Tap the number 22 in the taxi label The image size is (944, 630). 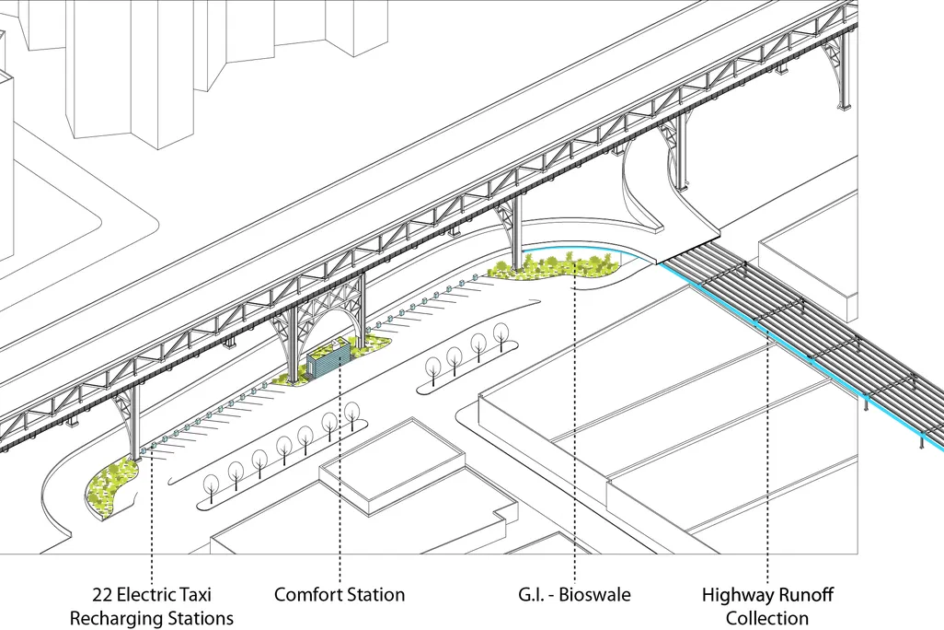pos(102,595)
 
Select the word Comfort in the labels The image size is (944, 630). pos(305,595)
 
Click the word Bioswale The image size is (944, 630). pos(594,595)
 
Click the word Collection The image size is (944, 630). pos(767,618)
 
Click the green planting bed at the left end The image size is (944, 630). pos(112,487)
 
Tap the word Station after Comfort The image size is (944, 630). pos(374,595)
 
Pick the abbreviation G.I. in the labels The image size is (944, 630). pos(530,595)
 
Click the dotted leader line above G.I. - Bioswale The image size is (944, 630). pos(575,422)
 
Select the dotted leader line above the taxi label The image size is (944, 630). pos(152,517)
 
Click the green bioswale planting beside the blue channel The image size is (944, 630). pos(555,267)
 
